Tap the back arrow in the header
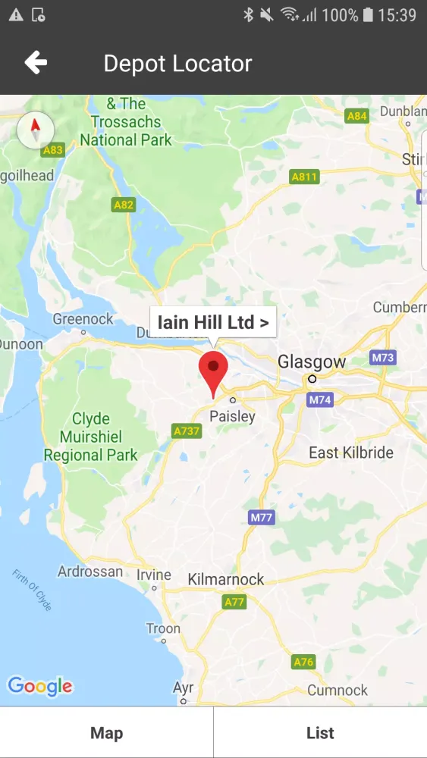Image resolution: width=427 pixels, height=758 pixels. tap(36, 63)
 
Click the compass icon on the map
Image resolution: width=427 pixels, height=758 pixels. tap(35, 130)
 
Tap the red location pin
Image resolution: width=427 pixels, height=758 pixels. tap(213, 371)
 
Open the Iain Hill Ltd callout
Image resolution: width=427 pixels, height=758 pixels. tap(213, 322)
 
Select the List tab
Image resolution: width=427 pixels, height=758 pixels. tap(320, 732)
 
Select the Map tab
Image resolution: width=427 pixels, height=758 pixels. tap(106, 732)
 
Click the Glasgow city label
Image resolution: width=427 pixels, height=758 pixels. tap(311, 362)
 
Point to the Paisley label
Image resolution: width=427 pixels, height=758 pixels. tap(232, 416)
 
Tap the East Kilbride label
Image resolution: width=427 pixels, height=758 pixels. tap(351, 453)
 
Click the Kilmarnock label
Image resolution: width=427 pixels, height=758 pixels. tap(226, 579)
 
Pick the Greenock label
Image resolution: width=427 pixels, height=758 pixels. tap(83, 319)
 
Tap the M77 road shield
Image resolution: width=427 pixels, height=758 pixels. tap(261, 517)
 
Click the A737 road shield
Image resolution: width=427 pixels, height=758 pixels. tap(187, 431)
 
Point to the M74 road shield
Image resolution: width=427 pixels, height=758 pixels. tap(320, 399)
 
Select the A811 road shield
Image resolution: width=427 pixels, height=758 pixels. tap(305, 177)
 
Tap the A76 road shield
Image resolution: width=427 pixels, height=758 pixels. tap(303, 662)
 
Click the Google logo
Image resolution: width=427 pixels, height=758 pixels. tap(40, 687)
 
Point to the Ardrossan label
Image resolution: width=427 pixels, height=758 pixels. tap(90, 572)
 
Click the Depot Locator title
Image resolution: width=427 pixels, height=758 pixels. tap(177, 63)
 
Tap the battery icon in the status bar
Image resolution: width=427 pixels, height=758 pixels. tap(368, 14)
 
